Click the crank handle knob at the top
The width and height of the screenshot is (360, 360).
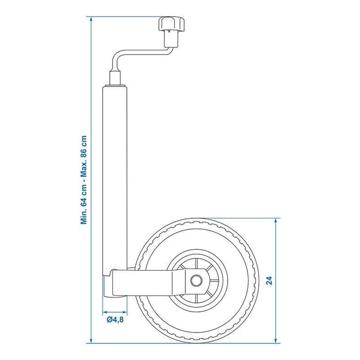click(x=171, y=24)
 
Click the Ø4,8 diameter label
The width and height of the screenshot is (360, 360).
click(x=115, y=320)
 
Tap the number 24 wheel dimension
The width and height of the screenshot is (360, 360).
click(x=269, y=281)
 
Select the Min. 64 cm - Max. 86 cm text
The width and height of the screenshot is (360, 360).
click(x=83, y=180)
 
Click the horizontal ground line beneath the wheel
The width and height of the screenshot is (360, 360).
click(x=180, y=343)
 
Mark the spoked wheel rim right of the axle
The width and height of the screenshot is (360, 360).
click(x=216, y=280)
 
